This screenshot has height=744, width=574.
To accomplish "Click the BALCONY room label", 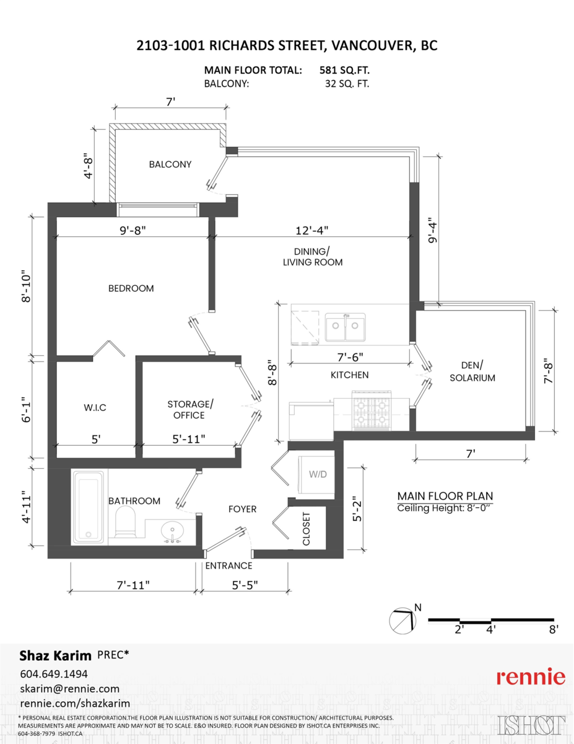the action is point(170,164).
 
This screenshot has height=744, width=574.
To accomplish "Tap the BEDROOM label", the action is point(131,288).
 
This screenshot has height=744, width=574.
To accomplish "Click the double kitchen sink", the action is point(345,327).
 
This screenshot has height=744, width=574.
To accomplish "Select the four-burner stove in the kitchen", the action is point(370,410).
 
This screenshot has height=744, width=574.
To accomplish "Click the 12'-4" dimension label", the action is point(311,230).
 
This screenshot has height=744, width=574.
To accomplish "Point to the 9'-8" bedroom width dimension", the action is point(133,230).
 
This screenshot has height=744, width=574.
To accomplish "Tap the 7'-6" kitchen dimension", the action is point(350,357).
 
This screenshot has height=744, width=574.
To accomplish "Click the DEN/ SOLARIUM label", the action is point(472,371).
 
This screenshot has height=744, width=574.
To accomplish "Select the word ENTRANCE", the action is point(228,565).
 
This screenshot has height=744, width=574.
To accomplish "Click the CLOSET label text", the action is point(307,529).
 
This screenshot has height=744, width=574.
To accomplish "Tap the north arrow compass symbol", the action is point(402,620).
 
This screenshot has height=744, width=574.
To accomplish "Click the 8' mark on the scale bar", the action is point(554,629).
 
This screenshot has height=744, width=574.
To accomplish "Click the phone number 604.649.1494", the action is point(54,674).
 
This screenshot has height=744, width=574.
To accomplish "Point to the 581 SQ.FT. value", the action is point(345,70).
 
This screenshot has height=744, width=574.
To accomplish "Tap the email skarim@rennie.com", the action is point(70,689).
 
